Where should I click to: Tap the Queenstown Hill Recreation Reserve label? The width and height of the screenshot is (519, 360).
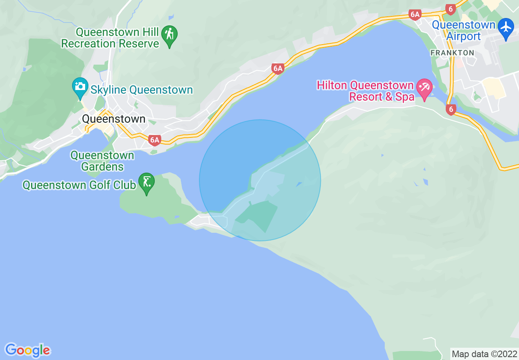[x=110, y=38]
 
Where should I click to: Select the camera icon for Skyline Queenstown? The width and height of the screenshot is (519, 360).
[x=80, y=87]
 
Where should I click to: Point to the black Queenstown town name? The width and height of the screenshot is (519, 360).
[x=114, y=119]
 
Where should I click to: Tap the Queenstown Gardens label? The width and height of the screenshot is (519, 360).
[x=102, y=161]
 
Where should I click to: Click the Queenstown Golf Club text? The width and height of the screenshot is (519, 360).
[x=79, y=185]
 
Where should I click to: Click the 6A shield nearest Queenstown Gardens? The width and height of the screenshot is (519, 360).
[x=154, y=140]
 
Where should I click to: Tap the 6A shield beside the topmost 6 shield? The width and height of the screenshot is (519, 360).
[x=415, y=15]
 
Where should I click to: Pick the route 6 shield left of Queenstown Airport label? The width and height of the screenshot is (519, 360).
[x=450, y=9]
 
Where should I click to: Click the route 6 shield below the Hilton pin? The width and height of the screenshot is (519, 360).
[x=451, y=109]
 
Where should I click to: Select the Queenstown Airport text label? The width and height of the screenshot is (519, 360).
[x=463, y=31]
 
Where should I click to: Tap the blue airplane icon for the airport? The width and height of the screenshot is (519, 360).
[x=506, y=27]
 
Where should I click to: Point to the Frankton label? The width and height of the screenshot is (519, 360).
[x=452, y=53]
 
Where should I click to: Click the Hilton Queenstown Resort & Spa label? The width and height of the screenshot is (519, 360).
[x=366, y=91]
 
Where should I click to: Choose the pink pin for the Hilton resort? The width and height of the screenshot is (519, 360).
[x=424, y=88]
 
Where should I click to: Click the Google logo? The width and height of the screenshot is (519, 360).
[x=27, y=350]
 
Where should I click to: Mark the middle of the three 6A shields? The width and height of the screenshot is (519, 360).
[x=278, y=68]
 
